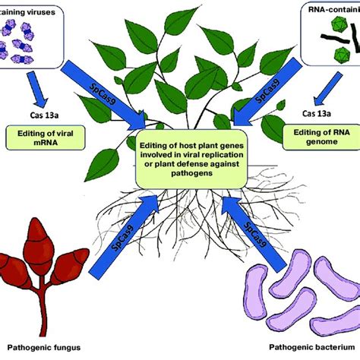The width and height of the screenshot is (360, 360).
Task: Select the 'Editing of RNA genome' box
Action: pos(319,141)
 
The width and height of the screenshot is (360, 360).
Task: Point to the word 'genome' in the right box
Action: pos(319,146)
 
